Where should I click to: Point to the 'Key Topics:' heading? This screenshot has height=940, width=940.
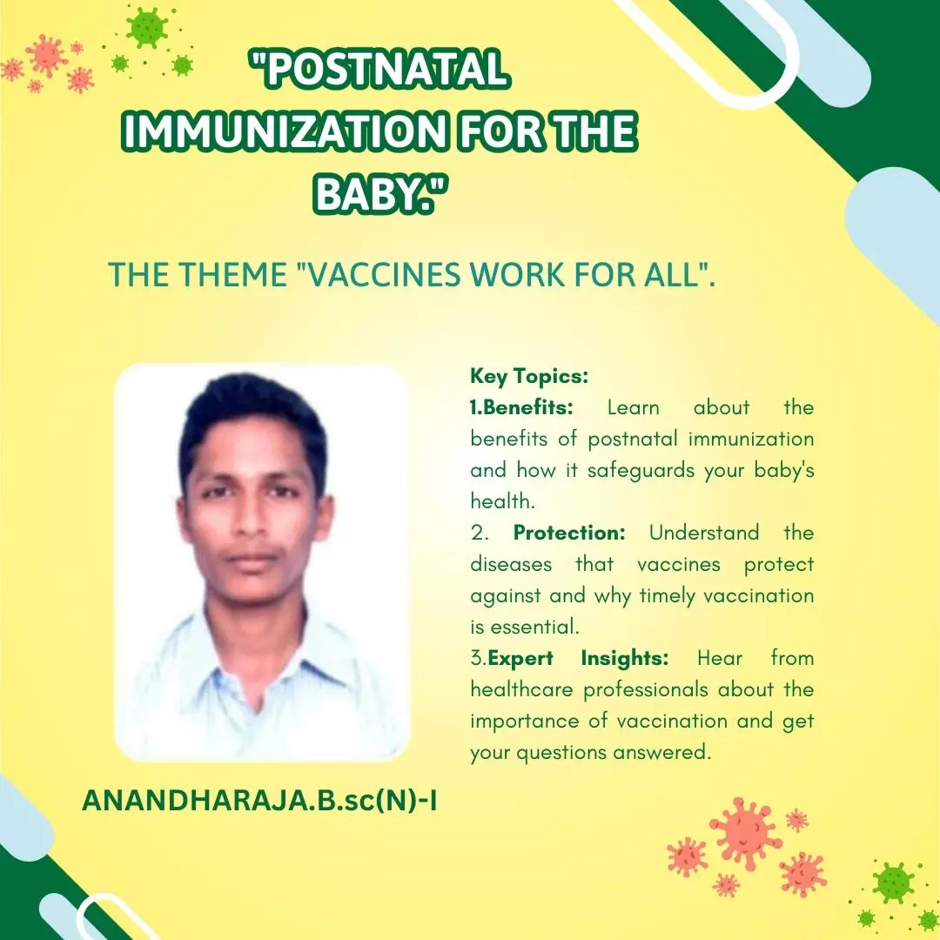[x=529, y=377]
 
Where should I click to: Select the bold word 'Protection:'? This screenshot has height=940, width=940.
[x=569, y=533]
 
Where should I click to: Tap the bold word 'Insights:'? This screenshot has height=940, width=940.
[x=625, y=658]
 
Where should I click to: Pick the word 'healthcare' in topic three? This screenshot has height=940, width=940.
[x=521, y=689]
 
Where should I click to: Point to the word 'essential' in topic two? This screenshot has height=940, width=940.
[x=533, y=627]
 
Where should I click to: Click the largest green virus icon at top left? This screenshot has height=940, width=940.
[x=147, y=28]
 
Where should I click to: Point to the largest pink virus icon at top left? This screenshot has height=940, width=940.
[x=45, y=56]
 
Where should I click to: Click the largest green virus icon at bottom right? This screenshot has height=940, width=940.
[x=893, y=883]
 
